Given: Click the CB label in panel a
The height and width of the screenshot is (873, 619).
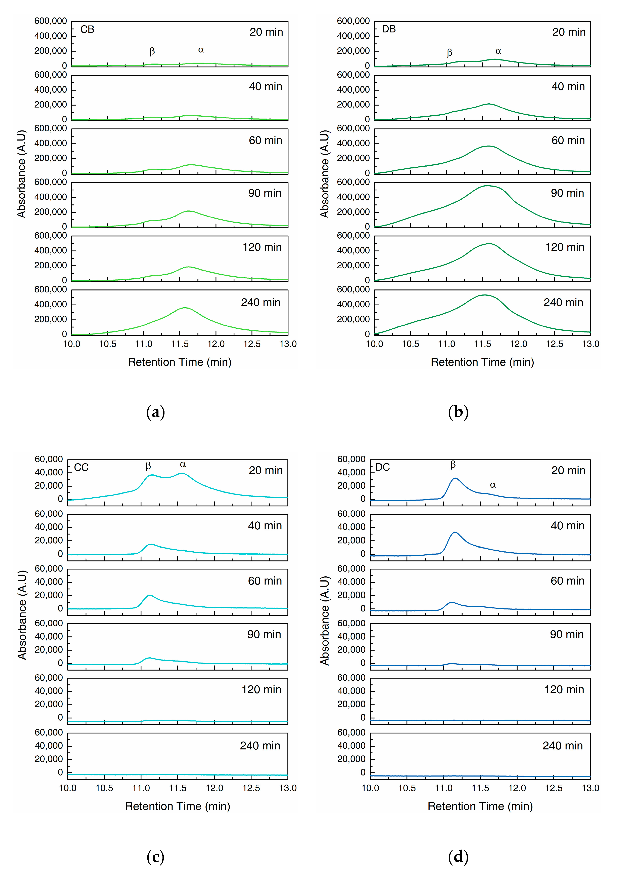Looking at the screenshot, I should pos(87,29).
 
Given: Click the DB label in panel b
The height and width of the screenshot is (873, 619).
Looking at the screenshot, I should pos(389,29).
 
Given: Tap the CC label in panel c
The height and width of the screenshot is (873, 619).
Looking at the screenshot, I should pos(81,468).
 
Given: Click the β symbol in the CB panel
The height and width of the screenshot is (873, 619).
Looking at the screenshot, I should pos(152,51).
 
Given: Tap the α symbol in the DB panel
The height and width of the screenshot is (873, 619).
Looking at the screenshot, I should pos(498,51).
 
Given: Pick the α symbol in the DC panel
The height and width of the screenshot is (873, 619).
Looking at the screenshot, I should pos(493,485).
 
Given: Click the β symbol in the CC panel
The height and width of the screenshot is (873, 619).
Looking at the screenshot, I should pos(148,466).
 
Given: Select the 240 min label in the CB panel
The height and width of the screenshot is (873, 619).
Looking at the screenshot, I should pos(261,303).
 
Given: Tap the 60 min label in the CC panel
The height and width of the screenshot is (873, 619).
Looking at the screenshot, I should pos(265,581).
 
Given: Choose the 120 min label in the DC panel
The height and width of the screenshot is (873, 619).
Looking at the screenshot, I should pos(564,689).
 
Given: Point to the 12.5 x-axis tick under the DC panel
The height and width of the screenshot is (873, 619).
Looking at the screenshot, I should pos(554,788).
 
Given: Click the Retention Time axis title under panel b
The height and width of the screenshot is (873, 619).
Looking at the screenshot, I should pos(482,362).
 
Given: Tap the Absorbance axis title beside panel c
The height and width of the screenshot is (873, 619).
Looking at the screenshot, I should pos(22,615).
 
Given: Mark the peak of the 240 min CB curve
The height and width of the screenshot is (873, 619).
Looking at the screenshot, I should pos(185,308).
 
